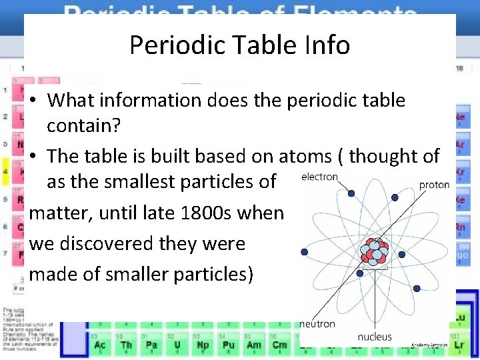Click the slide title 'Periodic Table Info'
tap(239, 45)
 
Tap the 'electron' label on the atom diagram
tap(319, 177)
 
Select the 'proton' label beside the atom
tap(435, 184)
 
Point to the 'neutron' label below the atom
tap(318, 324)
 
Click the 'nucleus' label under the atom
tap(375, 337)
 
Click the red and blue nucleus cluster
tap(374, 251)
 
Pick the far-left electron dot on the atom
tap(305, 252)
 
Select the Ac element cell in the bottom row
tap(100, 344)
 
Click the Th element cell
tap(126, 344)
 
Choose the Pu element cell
tap(228, 344)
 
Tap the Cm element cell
tap(279, 344)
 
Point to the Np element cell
tap(203, 344)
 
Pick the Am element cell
tap(254, 344)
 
